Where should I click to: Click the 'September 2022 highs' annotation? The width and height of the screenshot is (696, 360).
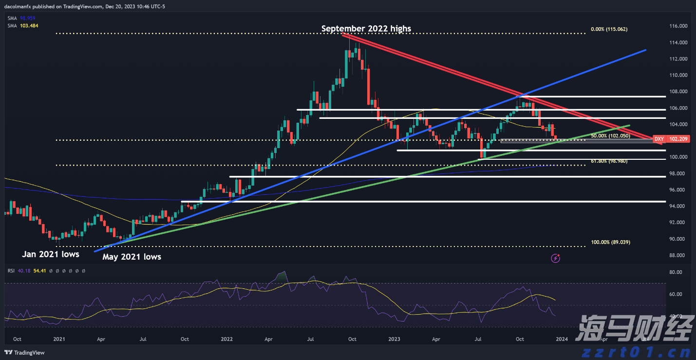(x=366, y=29)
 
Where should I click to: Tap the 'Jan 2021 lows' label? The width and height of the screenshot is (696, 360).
(x=50, y=254)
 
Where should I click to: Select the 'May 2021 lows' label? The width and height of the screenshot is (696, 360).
(x=132, y=256)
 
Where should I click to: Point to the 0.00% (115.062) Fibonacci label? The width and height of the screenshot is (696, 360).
(x=609, y=29)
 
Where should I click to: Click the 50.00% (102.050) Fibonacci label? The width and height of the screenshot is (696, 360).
(x=610, y=136)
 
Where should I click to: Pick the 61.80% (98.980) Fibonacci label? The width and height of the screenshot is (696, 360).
(x=609, y=161)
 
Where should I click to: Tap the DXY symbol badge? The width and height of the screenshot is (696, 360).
(x=658, y=139)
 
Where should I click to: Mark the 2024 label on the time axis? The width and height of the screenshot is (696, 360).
(x=562, y=339)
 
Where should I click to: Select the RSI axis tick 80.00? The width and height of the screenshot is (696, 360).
(x=676, y=273)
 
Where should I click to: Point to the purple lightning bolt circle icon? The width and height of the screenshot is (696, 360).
(x=556, y=258)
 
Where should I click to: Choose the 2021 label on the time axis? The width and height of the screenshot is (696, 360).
(x=59, y=339)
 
